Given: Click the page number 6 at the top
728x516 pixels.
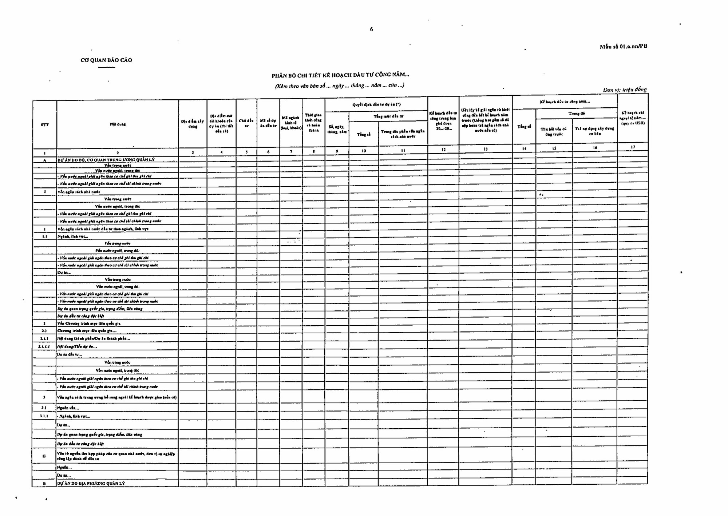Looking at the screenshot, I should [371, 29].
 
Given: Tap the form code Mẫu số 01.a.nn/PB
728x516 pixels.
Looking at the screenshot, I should [623, 47].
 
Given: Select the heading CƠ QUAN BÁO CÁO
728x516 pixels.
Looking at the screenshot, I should [106, 60].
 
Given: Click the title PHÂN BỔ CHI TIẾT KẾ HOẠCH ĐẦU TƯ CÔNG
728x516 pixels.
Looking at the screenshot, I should [340, 75].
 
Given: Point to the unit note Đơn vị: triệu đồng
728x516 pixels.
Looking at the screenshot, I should [625, 90].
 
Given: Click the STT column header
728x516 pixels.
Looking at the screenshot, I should [45, 125].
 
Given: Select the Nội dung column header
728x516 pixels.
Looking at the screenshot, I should [118, 124].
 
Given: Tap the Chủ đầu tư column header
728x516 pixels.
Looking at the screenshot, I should [246, 123].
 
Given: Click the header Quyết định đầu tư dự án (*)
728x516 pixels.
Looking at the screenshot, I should [376, 105].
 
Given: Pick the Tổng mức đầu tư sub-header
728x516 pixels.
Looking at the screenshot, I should [388, 116].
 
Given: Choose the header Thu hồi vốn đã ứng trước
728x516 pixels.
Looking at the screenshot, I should [554, 131].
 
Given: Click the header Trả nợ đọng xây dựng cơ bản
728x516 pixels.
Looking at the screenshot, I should [594, 131].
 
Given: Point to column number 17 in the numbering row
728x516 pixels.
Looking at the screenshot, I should [633, 147].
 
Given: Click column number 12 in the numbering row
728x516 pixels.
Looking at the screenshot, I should [443, 150].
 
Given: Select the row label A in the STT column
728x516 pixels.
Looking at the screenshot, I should [45, 160].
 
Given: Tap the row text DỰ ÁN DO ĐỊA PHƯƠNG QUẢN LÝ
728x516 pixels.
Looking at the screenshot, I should [91, 483].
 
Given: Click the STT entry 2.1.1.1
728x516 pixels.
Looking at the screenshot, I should [44, 346].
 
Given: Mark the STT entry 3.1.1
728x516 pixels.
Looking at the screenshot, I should [44, 416].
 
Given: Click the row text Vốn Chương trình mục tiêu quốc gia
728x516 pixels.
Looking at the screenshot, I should [89, 323].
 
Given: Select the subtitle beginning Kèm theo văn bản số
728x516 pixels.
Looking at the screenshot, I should [339, 86].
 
